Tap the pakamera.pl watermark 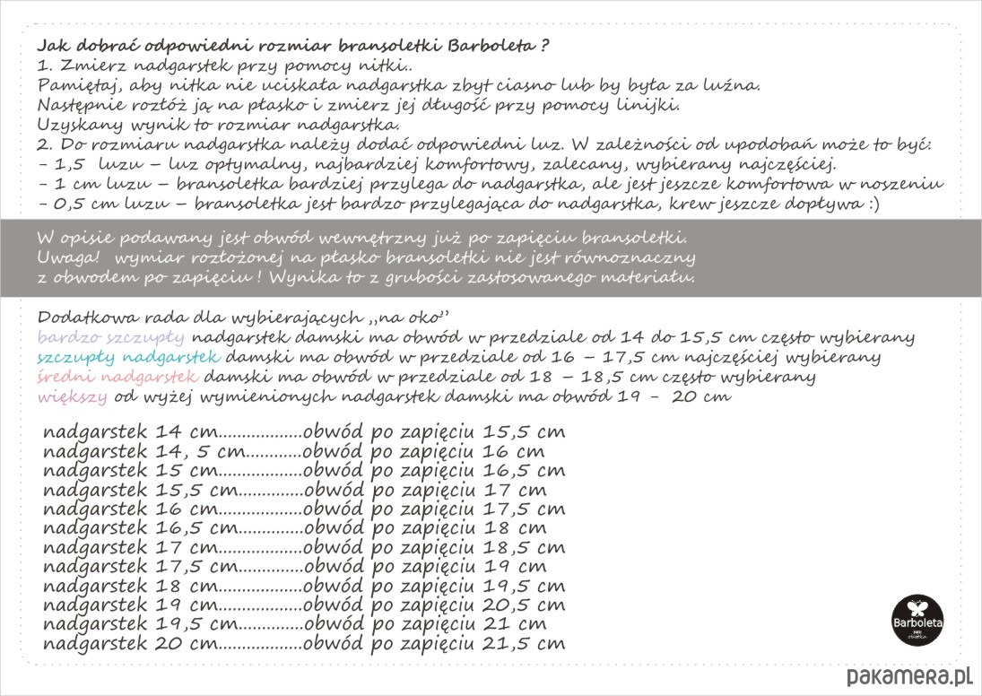pyautogui.click(x=910, y=675)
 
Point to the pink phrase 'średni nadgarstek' pyautogui.click(x=120, y=376)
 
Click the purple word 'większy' pyautogui.click(x=73, y=396)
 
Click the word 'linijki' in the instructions pyautogui.click(x=655, y=104)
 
